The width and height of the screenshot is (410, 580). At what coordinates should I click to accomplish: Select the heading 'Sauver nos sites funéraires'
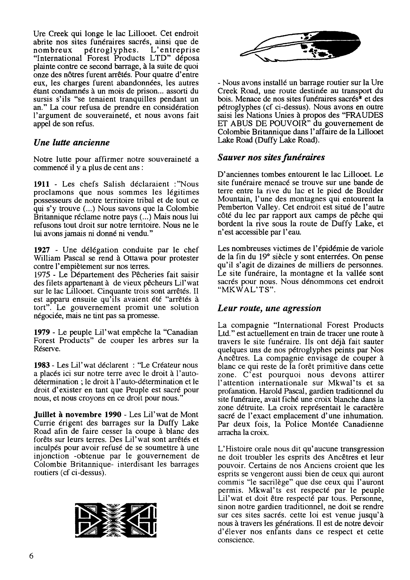(271, 157)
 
